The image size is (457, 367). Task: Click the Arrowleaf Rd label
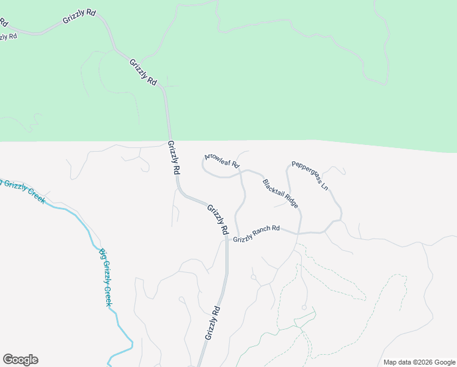(x=222, y=161)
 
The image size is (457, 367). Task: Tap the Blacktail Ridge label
(x=280, y=194)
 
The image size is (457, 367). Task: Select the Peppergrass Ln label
(x=310, y=176)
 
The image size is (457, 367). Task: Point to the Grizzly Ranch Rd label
(x=256, y=232)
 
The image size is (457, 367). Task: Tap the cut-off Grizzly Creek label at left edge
(x=23, y=191)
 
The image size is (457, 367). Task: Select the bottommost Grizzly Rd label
(x=212, y=322)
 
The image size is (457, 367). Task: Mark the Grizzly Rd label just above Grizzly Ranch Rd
(x=217, y=220)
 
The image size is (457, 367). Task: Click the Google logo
(x=20, y=360)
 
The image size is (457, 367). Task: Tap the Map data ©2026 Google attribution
(x=419, y=362)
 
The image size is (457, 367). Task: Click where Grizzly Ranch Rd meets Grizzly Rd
(x=227, y=239)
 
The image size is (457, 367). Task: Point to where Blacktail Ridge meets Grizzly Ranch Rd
(x=299, y=233)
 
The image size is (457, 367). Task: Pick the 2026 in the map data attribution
(x=423, y=362)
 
